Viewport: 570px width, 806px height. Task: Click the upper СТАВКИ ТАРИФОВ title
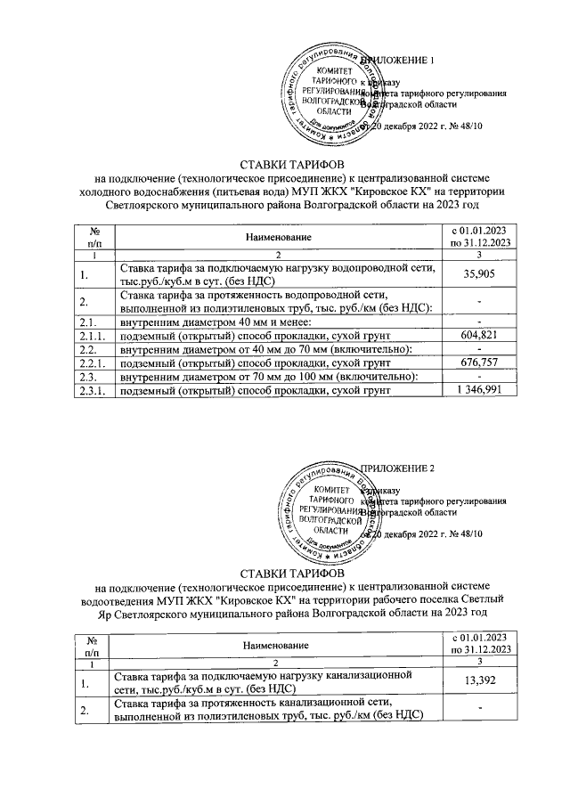point(284,165)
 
